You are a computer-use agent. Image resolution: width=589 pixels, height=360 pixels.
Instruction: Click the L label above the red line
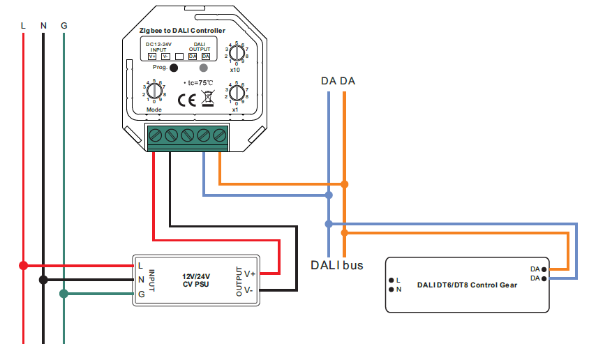[x=24, y=26]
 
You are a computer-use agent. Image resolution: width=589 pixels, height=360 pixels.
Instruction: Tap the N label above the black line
[x=43, y=26]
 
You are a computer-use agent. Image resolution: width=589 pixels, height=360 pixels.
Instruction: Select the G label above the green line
[x=64, y=26]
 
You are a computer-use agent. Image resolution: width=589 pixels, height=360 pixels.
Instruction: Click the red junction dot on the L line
[x=24, y=265]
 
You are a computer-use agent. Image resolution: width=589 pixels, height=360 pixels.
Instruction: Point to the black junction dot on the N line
[x=43, y=280]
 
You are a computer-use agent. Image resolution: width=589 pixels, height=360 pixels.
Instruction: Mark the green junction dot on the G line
[x=64, y=294]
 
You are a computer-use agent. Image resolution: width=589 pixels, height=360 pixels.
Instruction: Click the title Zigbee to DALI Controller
[x=182, y=31]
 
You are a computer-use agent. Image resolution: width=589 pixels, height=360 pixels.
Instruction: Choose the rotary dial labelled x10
[x=237, y=52]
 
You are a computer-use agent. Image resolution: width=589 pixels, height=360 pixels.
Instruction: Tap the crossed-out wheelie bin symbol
[x=207, y=98]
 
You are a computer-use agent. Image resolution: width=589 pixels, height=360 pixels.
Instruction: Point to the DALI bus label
[x=336, y=265]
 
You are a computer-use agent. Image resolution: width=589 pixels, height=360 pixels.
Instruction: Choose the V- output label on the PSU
[x=250, y=289]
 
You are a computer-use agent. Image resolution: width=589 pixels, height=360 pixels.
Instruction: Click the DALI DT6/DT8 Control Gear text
[x=467, y=285]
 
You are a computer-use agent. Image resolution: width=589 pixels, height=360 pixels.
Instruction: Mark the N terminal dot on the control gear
[x=391, y=289]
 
